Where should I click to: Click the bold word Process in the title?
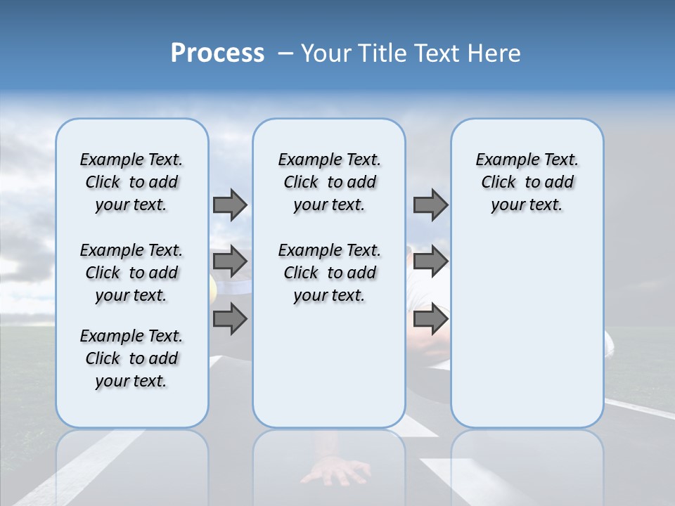coord(217,53)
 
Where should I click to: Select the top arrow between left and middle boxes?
coord(230,205)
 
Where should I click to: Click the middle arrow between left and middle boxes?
coord(230,262)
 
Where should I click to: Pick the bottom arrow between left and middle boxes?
coord(230,320)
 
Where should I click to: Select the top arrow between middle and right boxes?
coord(430,205)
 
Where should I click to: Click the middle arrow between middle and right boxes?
coord(430,262)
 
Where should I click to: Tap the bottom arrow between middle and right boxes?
coord(430,320)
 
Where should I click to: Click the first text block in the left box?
coord(131,182)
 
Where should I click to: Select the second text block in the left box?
coord(131,273)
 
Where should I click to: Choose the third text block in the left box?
coord(131,358)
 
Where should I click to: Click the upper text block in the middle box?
coord(329,182)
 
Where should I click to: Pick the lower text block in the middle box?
coord(329,273)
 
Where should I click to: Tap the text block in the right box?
coord(527,182)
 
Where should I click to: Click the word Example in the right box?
coord(501,160)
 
